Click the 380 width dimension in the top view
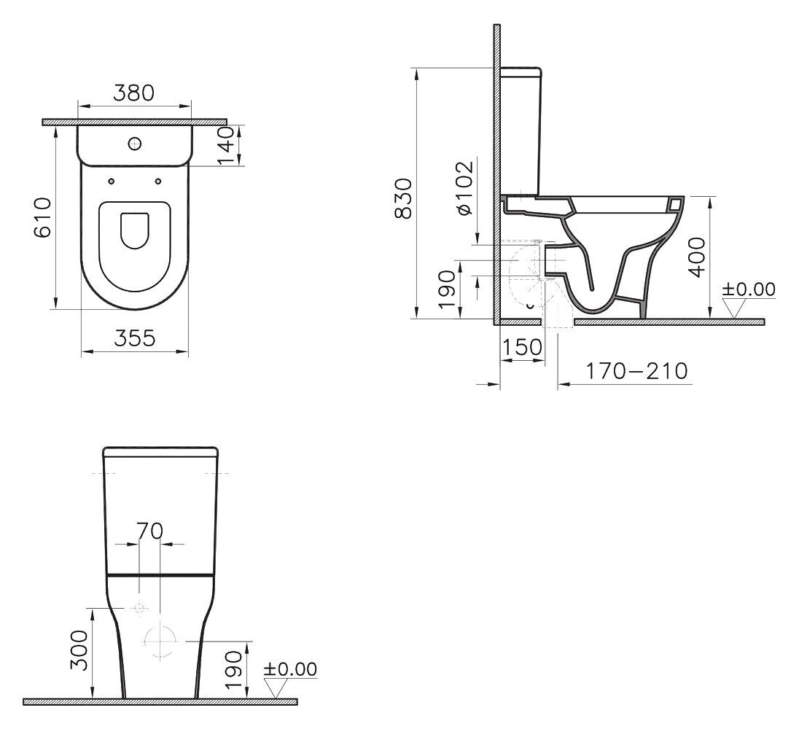133,93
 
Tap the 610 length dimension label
43,217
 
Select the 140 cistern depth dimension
225,147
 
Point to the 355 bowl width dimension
135,338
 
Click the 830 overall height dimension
403,199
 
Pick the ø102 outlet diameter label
466,188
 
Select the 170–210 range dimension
637,371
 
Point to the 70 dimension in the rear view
149,531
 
